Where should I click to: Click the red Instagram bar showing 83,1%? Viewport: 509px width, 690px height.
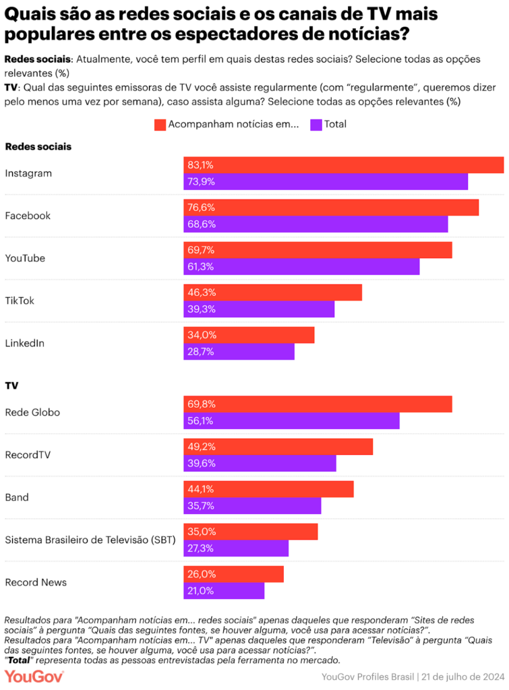click(344, 165)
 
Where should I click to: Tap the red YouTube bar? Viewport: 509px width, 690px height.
click(318, 250)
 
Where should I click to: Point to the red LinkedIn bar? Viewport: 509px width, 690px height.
click(249, 335)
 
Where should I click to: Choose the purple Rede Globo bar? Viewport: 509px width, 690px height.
click(291, 420)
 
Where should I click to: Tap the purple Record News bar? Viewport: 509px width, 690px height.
click(224, 590)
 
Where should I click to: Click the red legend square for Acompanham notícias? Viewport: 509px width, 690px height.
click(160, 125)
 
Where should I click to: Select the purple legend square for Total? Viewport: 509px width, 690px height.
click(316, 125)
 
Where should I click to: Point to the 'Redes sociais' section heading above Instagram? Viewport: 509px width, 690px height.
click(38, 146)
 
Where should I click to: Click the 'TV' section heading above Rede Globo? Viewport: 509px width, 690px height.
click(11, 385)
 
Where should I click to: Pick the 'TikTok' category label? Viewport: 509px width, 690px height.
click(20, 301)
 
